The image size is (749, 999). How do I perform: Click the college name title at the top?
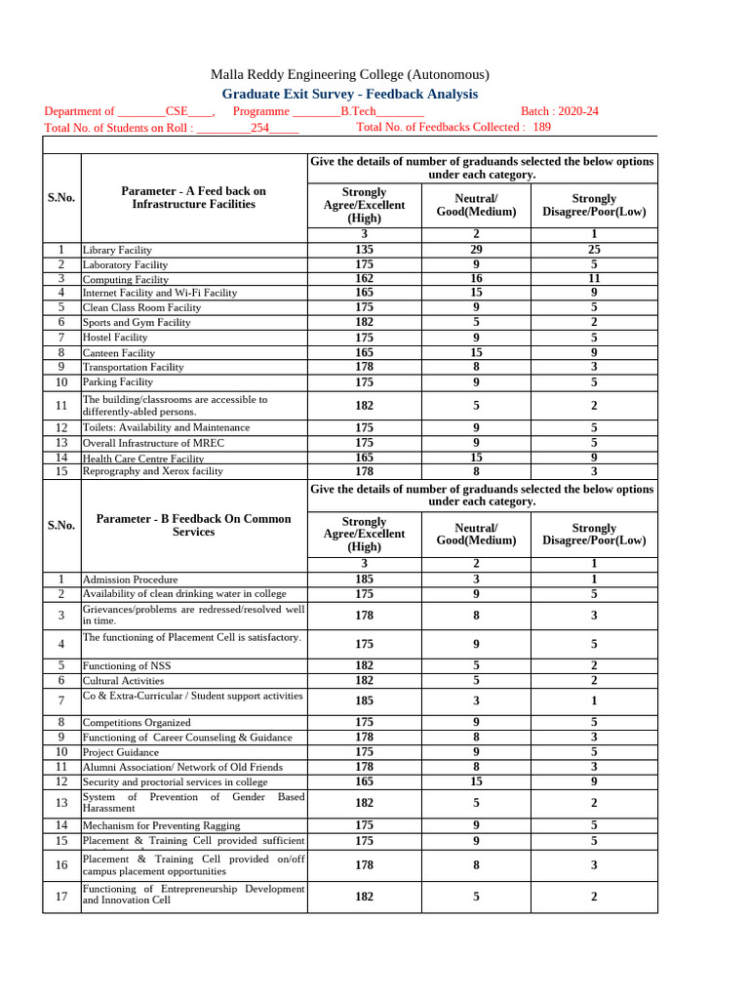[350, 75]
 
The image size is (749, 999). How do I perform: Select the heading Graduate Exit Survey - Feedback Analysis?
[350, 94]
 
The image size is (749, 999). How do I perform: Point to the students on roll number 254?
[260, 127]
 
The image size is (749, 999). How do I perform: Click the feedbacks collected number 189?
[541, 127]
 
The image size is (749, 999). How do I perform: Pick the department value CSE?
[177, 111]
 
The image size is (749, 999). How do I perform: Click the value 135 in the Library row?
[364, 250]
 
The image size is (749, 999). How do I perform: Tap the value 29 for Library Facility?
[476, 250]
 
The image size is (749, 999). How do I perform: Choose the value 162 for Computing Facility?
[364, 278]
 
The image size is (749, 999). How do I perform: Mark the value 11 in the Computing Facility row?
[594, 278]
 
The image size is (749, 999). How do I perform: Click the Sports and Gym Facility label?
[137, 322]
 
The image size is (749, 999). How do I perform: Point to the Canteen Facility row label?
[119, 352]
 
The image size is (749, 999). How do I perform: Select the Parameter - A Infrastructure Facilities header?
[192, 198]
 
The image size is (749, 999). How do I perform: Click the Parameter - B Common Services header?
[192, 525]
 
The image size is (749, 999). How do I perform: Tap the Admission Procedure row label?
[130, 579]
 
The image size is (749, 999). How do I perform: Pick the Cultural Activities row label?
[123, 680]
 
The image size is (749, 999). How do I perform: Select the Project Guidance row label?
[120, 752]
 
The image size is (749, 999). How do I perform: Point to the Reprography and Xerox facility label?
[153, 471]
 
